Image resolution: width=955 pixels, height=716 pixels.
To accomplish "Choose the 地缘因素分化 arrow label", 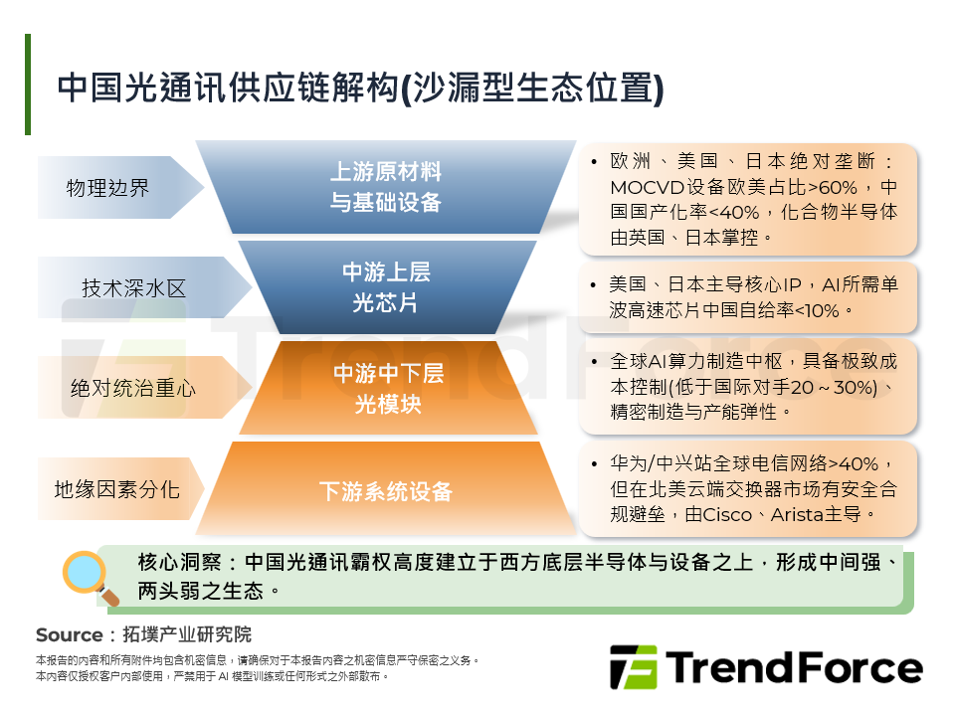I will pyautogui.click(x=116, y=489).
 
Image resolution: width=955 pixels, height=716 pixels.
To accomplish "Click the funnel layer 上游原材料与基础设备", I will pyautogui.click(x=385, y=187).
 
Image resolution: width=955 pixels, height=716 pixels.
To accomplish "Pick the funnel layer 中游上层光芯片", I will pyautogui.click(x=386, y=287).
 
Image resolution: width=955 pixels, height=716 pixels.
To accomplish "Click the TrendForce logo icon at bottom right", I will pyautogui.click(x=633, y=666).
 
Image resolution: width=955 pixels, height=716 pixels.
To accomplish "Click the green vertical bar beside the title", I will pyautogui.click(x=28, y=85).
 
